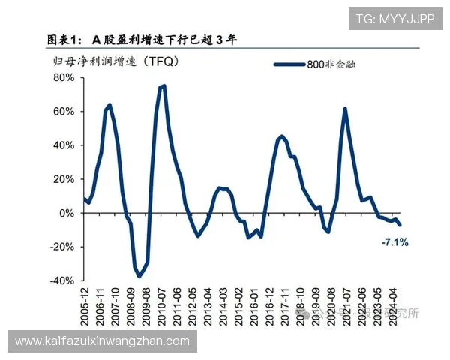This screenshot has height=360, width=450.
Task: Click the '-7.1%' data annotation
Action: pos(394,242)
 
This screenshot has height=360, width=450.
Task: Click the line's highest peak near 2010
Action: pos(163,86)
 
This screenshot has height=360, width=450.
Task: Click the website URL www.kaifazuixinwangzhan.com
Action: pos(103,341)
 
